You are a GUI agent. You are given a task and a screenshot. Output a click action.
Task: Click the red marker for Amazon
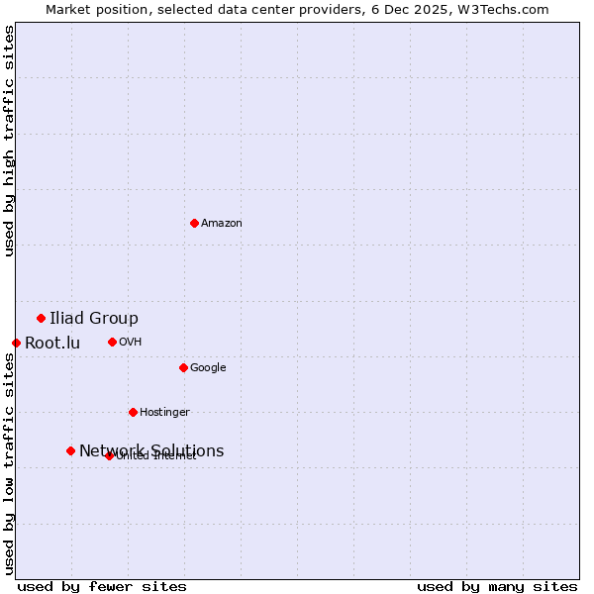tap(194, 223)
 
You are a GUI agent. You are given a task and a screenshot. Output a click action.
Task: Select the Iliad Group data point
tap(41, 318)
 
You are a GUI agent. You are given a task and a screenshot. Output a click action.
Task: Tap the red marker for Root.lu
tap(16, 343)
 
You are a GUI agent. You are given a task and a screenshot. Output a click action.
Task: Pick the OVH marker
tap(112, 342)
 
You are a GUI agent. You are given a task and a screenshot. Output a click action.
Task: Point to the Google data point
tap(183, 367)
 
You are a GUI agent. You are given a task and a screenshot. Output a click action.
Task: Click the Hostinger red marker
tap(133, 412)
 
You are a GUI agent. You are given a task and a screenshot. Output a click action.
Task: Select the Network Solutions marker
tap(70, 450)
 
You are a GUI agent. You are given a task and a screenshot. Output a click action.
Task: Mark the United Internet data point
tap(110, 455)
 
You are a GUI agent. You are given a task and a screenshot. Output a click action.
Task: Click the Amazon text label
tap(222, 224)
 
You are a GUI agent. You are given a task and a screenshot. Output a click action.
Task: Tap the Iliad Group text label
tap(94, 318)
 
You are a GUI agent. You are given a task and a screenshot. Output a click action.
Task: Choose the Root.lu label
tap(52, 344)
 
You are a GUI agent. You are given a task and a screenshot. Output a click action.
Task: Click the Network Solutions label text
tap(151, 450)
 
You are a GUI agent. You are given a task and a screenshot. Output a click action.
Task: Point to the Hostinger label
tap(164, 412)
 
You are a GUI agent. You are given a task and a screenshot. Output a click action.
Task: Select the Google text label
tap(208, 368)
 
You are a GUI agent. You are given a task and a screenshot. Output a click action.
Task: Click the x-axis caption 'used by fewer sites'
tap(102, 586)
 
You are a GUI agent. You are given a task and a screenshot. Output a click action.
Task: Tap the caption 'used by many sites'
tap(497, 586)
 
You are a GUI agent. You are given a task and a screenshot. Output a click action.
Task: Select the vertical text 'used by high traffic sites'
tap(10, 141)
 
